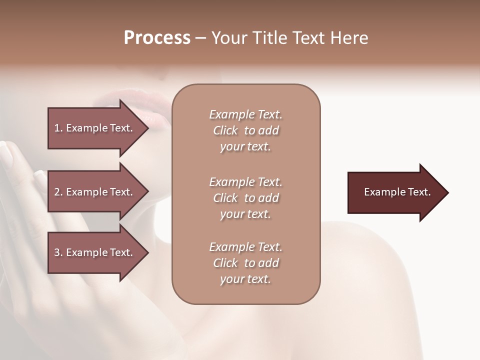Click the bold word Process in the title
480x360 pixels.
(x=157, y=38)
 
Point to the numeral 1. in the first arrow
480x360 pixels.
(x=58, y=128)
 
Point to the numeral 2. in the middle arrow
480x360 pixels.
(x=58, y=192)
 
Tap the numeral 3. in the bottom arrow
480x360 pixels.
(x=58, y=252)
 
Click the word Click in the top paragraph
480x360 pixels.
(x=225, y=130)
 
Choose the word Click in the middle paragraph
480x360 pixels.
(x=225, y=198)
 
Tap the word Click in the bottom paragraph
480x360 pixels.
(x=225, y=263)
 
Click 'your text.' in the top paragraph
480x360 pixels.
(x=245, y=147)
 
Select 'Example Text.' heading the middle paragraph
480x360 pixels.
(x=245, y=182)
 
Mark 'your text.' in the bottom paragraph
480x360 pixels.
(x=245, y=279)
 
